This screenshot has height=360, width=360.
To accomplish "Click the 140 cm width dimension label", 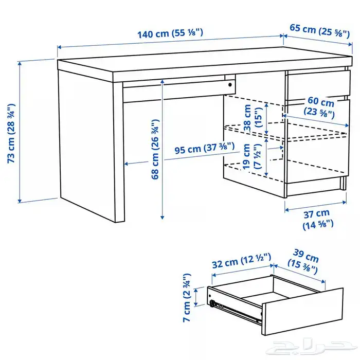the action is pyautogui.click(x=170, y=33).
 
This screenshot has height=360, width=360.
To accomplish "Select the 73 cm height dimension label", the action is pyautogui.click(x=11, y=133).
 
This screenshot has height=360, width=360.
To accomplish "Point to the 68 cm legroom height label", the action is pyautogui.click(x=155, y=149).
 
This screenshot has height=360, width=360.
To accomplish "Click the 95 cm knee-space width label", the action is pyautogui.click(x=205, y=148).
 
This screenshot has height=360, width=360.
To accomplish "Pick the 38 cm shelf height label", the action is pyautogui.click(x=253, y=118).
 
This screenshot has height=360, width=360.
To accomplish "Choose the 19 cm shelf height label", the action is pyautogui.click(x=252, y=156).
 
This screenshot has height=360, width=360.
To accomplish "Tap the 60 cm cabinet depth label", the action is pyautogui.click(x=319, y=107).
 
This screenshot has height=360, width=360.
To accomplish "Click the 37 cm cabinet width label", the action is pyautogui.click(x=318, y=219).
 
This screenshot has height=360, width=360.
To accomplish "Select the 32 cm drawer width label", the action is pyautogui.click(x=241, y=261).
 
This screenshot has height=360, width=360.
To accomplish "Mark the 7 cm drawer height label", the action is pyautogui.click(x=187, y=298).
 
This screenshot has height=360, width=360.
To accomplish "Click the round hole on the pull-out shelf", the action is pyautogui.click(x=230, y=85).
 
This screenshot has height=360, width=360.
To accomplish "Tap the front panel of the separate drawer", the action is pyautogui.click(x=302, y=312).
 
